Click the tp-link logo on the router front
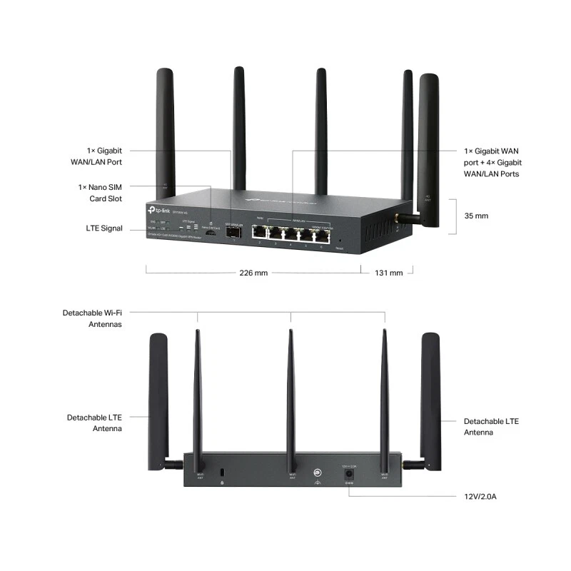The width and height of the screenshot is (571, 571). point(158,208)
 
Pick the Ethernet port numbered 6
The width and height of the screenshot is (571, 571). point(321,233)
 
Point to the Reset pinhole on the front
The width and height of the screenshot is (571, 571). point(340,241)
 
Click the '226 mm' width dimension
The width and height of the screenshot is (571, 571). point(254,273)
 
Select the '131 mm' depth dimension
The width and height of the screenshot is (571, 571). point(388,273)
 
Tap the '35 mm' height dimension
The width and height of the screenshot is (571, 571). point(476,215)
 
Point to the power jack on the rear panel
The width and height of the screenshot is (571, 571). point(349,473)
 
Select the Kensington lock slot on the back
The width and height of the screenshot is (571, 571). point(223,473)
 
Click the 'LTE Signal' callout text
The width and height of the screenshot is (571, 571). point(102,228)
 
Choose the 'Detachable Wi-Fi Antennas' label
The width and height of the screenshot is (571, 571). point(92,318)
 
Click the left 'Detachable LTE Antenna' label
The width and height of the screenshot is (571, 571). point(94,423)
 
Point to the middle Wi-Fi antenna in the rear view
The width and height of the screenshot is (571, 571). point(290,400)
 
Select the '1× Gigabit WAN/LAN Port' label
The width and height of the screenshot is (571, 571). point(104,156)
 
